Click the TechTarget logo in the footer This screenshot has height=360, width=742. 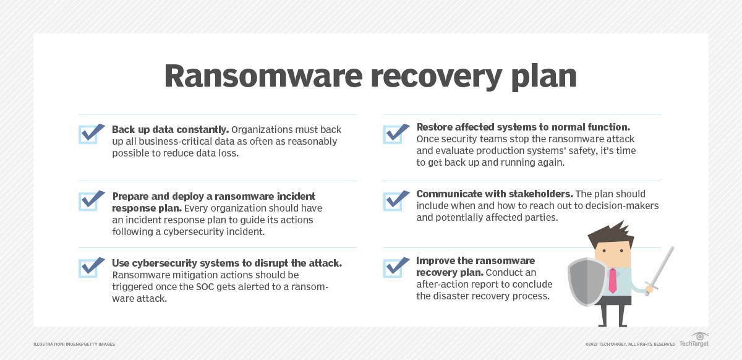(x=694, y=340)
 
